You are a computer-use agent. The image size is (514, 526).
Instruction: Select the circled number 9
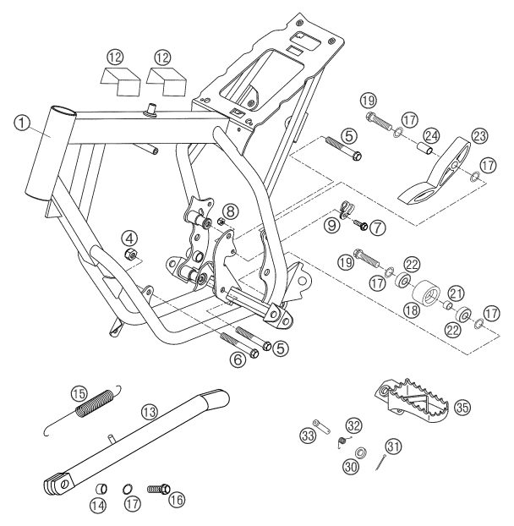(333, 226)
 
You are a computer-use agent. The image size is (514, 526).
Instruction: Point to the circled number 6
(238, 359)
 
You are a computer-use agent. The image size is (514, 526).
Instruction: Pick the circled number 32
(352, 425)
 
